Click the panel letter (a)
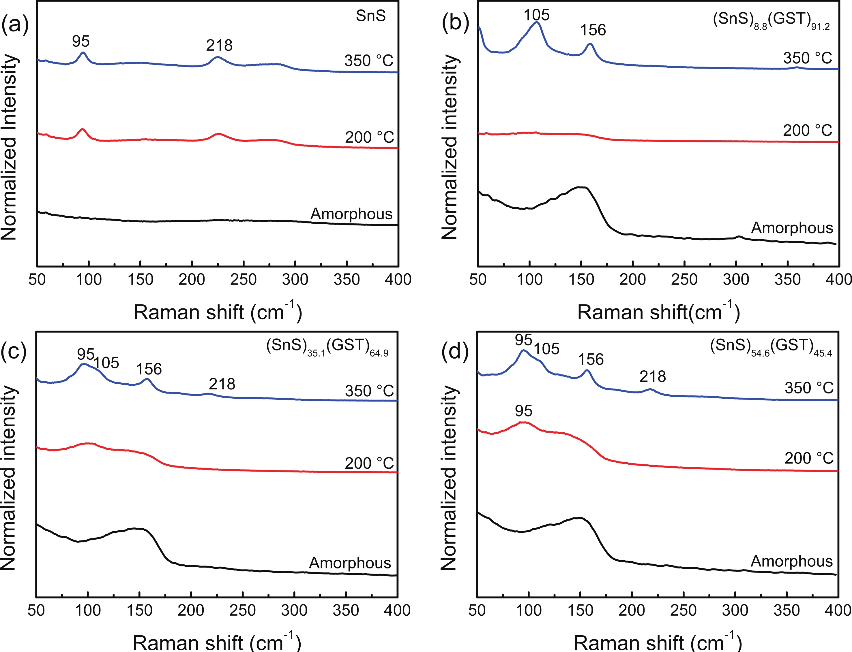point(15,26)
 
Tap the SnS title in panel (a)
point(371,16)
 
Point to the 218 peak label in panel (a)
point(219,46)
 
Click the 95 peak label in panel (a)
point(81,41)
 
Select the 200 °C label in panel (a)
point(369,137)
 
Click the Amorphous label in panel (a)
point(351,214)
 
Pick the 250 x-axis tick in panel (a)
point(243,279)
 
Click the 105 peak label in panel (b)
point(537,15)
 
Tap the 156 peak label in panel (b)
point(593,30)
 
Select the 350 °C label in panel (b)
point(808,58)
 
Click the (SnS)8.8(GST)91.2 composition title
point(771,20)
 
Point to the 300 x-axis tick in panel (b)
point(736,279)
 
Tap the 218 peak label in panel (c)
point(222,384)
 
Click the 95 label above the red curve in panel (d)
point(523,411)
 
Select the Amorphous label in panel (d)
point(792,561)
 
